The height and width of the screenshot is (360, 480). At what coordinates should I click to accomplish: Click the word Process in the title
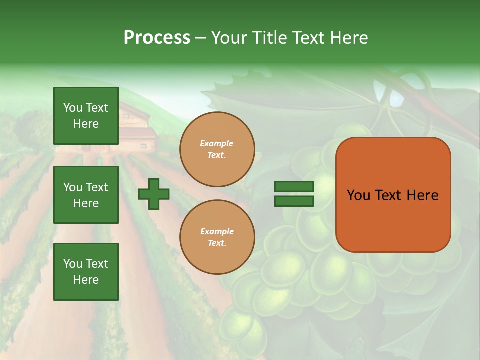(157, 38)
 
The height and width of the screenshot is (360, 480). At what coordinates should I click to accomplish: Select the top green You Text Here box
(86, 116)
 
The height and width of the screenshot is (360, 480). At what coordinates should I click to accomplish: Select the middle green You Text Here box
(86, 195)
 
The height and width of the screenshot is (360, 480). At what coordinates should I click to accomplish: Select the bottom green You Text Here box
(86, 272)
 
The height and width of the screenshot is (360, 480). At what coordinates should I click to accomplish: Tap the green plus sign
(154, 194)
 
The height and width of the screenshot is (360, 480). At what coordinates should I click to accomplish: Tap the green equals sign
(294, 194)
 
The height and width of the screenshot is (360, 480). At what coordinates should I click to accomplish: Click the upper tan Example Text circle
(217, 149)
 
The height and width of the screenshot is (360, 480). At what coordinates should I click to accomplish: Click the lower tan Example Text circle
(217, 237)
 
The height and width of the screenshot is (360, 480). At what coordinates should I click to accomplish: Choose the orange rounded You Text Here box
(393, 195)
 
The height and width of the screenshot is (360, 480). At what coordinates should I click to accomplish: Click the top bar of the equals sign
(294, 186)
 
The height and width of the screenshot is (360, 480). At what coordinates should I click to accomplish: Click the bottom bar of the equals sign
(294, 201)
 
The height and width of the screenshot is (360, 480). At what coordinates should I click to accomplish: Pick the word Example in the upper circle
(217, 143)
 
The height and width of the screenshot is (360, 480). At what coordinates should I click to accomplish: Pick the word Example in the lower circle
(217, 231)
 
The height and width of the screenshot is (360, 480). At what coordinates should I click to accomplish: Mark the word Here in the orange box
(422, 195)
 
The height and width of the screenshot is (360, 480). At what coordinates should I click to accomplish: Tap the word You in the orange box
(358, 195)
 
